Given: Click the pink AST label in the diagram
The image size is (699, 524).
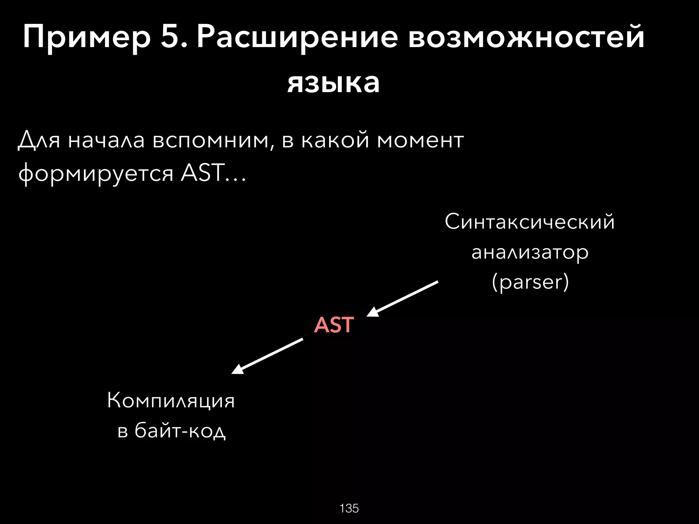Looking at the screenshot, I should click(x=333, y=325).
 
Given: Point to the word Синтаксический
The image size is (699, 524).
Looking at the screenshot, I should click(x=530, y=222).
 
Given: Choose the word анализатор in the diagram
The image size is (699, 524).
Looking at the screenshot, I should click(x=530, y=252).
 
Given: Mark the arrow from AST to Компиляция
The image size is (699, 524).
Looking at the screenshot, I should click(x=267, y=356).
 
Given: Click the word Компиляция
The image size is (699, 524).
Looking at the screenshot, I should click(x=171, y=401).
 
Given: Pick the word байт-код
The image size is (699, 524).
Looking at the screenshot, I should click(x=180, y=431).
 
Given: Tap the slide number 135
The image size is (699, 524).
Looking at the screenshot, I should click(x=349, y=508).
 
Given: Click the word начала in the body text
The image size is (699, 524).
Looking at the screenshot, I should click(x=106, y=140).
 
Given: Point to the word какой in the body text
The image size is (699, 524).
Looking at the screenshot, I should click(x=335, y=140).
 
